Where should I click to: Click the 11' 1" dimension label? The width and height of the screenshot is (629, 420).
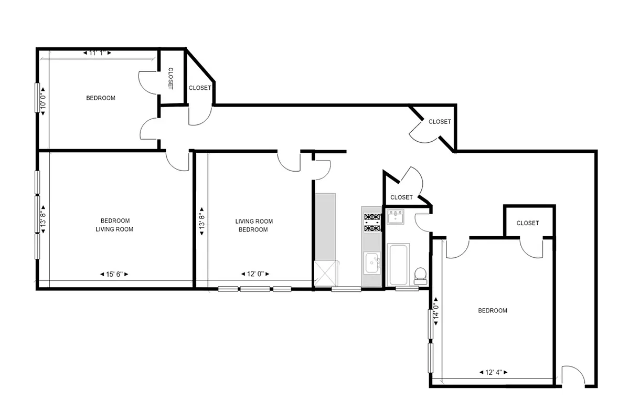(98, 53)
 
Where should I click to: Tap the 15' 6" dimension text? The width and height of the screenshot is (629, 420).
(114, 274)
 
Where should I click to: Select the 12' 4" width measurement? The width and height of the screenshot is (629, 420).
(494, 372)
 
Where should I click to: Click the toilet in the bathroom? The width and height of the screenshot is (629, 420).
(420, 274)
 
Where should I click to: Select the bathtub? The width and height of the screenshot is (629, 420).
(398, 264)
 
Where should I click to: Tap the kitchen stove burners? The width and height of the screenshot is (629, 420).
(372, 222)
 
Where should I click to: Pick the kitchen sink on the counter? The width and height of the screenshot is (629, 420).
(372, 261)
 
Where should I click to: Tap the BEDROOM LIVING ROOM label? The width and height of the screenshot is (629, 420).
(115, 225)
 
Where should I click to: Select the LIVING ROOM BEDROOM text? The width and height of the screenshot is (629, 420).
(254, 225)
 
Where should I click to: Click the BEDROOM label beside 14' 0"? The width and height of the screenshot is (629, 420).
(493, 310)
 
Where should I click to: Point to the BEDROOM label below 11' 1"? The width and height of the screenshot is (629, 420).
(101, 98)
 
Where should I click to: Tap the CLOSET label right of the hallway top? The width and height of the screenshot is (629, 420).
(440, 122)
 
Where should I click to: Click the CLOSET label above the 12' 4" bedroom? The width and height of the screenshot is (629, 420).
(527, 223)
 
